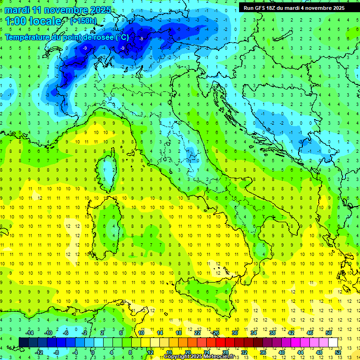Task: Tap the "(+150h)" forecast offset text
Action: pos(83,21)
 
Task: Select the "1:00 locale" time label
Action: pos(33,21)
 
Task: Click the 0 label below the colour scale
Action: pos(93,352)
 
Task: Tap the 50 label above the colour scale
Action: pos(329,333)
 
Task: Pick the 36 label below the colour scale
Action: pos(262,352)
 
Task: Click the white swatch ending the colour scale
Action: pos(333,342)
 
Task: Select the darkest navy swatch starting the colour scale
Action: pos(23,342)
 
